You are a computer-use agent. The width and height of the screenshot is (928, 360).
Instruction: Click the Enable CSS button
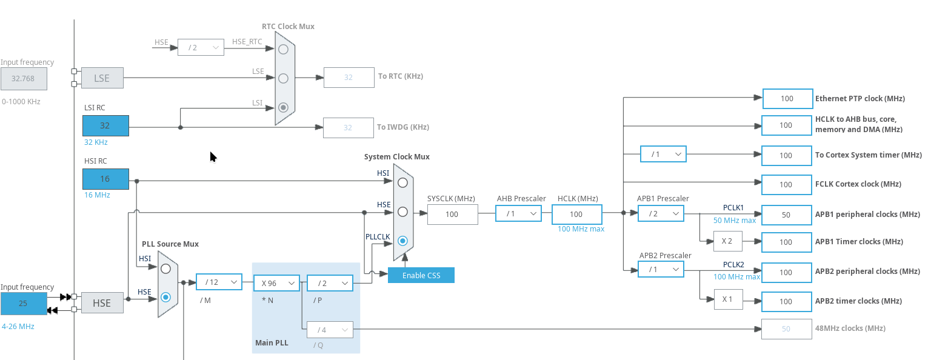pos(421,276)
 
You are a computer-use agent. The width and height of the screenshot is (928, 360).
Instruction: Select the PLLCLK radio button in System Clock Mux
pos(402,241)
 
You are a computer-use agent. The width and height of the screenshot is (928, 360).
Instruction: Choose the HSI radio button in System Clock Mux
pos(402,182)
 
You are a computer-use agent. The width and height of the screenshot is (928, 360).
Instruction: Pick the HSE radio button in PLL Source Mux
pos(165,297)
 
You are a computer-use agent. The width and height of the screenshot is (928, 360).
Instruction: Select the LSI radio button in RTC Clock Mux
pos(284,108)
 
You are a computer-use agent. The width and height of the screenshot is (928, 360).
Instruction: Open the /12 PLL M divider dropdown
pos(219,282)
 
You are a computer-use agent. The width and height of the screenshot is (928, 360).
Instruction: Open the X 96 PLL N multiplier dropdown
pos(277,283)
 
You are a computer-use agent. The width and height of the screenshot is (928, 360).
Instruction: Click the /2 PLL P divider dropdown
pos(330,283)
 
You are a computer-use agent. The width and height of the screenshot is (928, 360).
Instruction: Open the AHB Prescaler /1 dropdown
pos(518,214)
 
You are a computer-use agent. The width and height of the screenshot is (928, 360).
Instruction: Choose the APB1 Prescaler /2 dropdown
pos(661,214)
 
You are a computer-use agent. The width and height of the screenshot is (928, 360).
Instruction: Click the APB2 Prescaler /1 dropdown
pos(661,269)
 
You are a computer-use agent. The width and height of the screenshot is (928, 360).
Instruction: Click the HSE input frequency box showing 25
pos(24,304)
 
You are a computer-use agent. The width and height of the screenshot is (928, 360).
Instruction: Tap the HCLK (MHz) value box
pos(576,214)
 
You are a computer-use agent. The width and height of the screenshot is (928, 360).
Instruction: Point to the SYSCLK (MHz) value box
pos(452,214)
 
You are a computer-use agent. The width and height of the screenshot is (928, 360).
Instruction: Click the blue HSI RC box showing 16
pos(105,179)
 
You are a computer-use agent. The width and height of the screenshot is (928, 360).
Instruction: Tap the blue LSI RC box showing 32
pos(105,125)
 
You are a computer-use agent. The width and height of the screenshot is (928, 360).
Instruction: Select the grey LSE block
pos(102,78)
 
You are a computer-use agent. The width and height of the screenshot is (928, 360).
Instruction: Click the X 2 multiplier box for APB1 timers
pos(728,241)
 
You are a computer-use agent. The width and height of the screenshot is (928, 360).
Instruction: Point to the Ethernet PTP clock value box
pos(787,99)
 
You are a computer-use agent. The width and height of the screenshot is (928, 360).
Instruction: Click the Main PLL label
pos(272,342)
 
